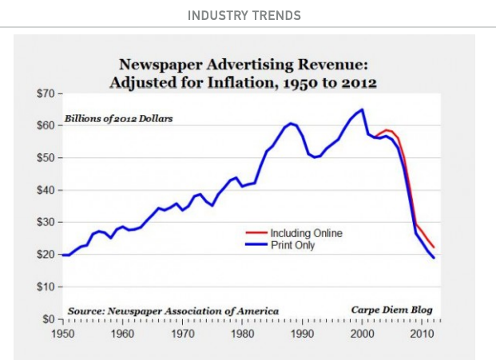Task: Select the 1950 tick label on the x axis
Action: pyautogui.click(x=63, y=333)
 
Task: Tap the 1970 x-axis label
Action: pyautogui.click(x=183, y=333)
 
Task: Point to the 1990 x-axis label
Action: pyautogui.click(x=304, y=333)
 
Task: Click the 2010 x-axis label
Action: pyautogui.click(x=423, y=333)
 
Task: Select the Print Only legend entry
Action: pyautogui.click(x=288, y=245)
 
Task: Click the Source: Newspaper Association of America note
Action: pyautogui.click(x=173, y=310)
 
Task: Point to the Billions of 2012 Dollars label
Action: pyautogui.click(x=121, y=120)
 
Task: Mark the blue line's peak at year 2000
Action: pyautogui.click(x=363, y=109)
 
